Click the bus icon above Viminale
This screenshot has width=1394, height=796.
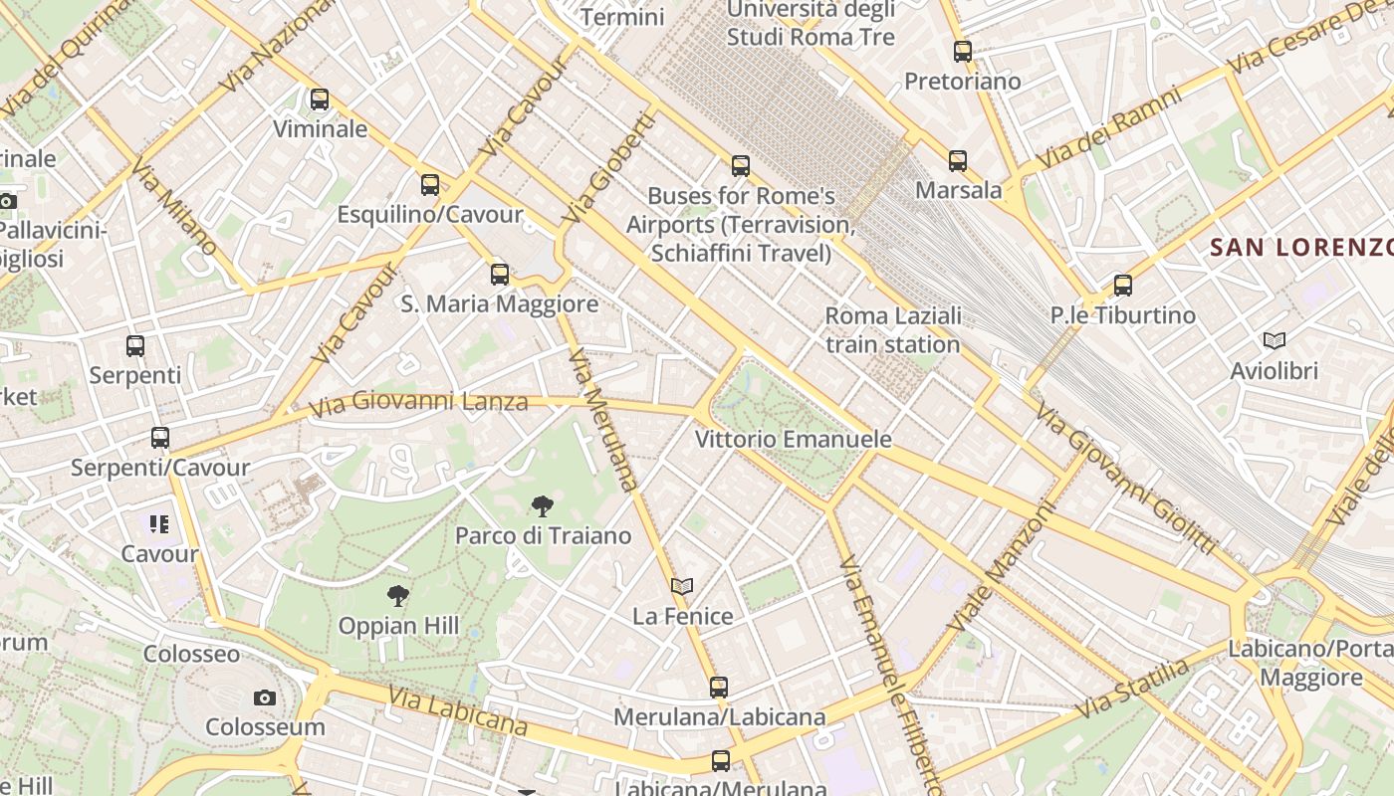click(x=320, y=99)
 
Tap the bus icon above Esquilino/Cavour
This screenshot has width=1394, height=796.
click(x=430, y=185)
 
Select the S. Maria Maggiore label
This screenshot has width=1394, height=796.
click(x=500, y=303)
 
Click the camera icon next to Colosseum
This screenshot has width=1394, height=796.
click(x=264, y=697)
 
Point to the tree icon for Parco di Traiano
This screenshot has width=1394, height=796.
click(x=543, y=506)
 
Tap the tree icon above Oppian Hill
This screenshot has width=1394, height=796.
click(x=398, y=597)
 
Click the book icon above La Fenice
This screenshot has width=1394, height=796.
click(x=682, y=587)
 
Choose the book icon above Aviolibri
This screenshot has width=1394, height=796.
click(x=1275, y=341)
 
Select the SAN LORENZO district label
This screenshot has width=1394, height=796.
click(x=1300, y=248)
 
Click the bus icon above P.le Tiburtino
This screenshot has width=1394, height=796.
click(x=1123, y=286)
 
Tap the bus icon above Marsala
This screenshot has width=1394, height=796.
click(x=958, y=160)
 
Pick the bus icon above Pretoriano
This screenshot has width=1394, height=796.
click(x=963, y=52)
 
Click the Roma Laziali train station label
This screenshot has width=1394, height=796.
click(x=893, y=330)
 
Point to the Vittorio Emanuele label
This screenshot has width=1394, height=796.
click(x=793, y=439)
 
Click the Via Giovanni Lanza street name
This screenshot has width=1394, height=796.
click(x=418, y=404)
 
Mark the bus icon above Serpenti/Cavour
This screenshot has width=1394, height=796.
click(x=160, y=438)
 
